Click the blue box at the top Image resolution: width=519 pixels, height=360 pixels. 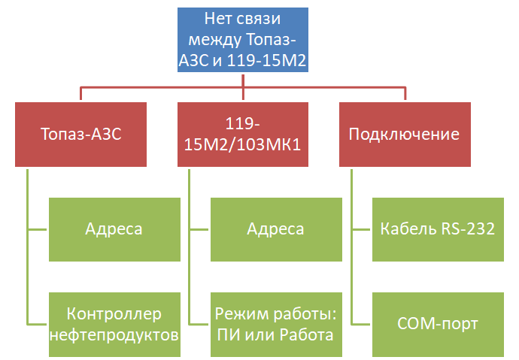pyautogui.click(x=243, y=40)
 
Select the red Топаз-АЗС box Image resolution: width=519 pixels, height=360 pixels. pyautogui.click(x=80, y=135)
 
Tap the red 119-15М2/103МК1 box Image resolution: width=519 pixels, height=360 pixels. pyautogui.click(x=243, y=135)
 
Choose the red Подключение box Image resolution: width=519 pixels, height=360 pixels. pyautogui.click(x=405, y=135)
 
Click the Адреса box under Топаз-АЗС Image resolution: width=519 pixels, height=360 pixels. pyautogui.click(x=114, y=229)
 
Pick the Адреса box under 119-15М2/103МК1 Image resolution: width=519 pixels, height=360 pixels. pyautogui.click(x=276, y=229)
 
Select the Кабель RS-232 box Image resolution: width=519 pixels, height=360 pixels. pyautogui.click(x=439, y=229)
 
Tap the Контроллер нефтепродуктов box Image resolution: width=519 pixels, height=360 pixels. pyautogui.click(x=114, y=325)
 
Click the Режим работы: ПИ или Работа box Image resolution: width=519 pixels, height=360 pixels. pyautogui.click(x=276, y=325)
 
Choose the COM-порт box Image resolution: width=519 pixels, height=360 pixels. pyautogui.click(x=439, y=325)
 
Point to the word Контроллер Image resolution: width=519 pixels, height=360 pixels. pyautogui.click(x=114, y=313)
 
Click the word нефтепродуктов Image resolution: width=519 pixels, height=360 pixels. pyautogui.click(x=114, y=335)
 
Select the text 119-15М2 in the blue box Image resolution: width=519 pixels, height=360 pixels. pyautogui.click(x=266, y=60)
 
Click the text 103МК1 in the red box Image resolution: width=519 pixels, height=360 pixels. pyautogui.click(x=269, y=144)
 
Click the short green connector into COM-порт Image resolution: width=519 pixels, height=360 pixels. pyautogui.click(x=360, y=324)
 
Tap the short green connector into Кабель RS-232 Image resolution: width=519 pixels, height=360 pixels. pyautogui.click(x=360, y=229)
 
